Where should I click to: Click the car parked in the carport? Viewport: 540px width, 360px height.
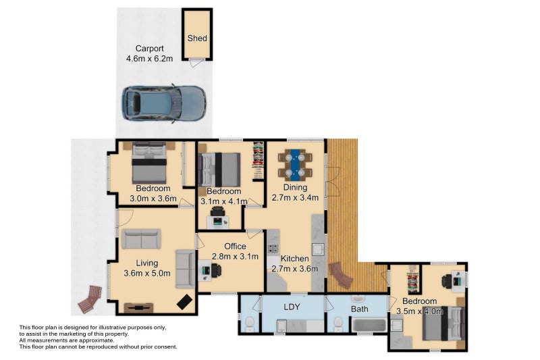click(163, 104)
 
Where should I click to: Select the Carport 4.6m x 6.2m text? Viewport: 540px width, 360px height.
click(149, 53)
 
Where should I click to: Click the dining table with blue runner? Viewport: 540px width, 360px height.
click(295, 163)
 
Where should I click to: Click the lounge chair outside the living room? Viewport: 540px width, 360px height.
click(90, 299)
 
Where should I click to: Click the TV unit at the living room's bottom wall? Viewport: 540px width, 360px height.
click(138, 307)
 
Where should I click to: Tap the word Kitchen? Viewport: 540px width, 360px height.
click(295, 259)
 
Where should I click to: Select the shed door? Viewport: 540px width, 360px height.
click(195, 63)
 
